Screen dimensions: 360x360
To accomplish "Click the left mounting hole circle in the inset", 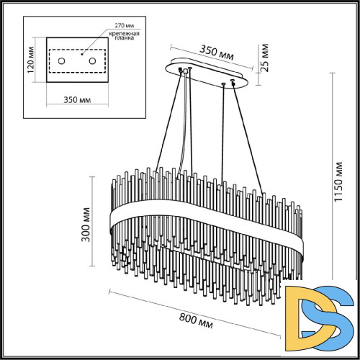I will point(61,61).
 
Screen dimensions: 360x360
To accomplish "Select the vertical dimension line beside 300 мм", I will point(94,220).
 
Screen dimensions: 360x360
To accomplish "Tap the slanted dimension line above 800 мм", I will point(194,308).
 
